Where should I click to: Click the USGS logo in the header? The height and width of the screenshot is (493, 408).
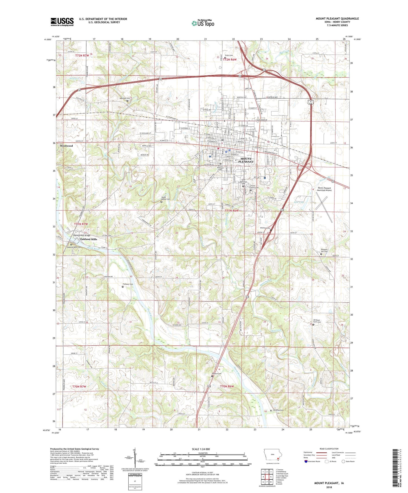(62, 22)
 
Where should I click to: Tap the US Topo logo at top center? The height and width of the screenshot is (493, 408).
(203, 23)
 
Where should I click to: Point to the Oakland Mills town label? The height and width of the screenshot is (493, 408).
(88, 239)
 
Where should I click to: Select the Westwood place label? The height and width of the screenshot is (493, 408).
(66, 146)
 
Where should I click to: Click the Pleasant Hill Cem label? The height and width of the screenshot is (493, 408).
(324, 250)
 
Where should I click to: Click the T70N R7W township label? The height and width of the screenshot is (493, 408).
(79, 386)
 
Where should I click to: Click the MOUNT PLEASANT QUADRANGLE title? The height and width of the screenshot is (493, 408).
(337, 18)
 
